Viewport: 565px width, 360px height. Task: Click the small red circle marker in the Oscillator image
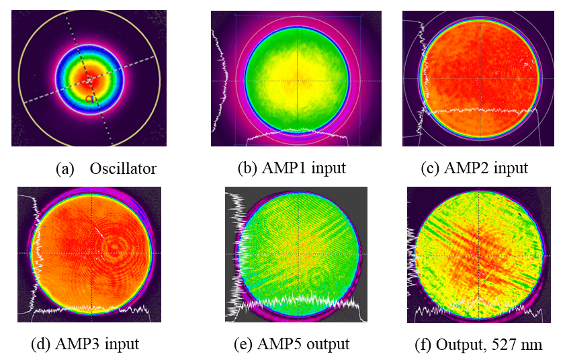tap(89, 99)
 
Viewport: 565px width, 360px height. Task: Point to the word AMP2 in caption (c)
tap(468, 168)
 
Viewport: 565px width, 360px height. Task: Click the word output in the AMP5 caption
tap(329, 345)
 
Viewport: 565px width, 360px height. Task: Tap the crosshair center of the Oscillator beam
tap(89, 79)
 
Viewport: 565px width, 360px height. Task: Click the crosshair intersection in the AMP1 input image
tap(302, 81)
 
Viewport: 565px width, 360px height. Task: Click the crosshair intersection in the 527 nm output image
tap(478, 254)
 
